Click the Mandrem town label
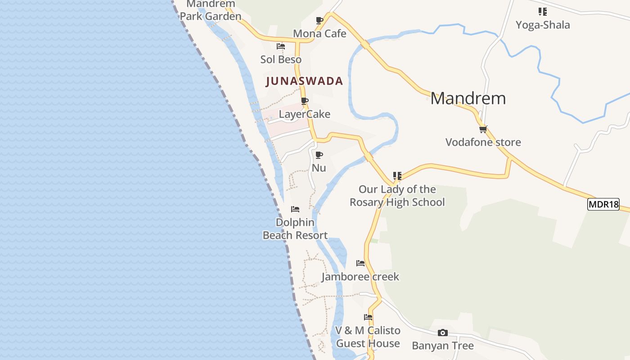pos(468,98)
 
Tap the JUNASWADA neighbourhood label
pos(304,81)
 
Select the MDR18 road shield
pos(603,204)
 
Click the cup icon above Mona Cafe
pos(319,20)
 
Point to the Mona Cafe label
pos(319,33)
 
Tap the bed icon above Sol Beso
pos(281,46)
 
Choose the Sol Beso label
pos(281,59)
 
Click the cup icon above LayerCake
pos(305,101)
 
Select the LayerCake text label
pos(305,114)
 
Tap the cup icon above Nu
pos(319,155)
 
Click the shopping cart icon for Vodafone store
pos(483,129)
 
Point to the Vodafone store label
pos(483,142)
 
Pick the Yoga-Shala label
pos(543,25)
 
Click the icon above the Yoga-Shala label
pos(543,12)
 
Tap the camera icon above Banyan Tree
pos(443,333)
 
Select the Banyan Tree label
pos(443,346)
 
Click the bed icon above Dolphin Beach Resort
pos(295,209)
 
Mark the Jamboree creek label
pos(360,276)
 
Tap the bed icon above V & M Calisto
pos(368,317)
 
